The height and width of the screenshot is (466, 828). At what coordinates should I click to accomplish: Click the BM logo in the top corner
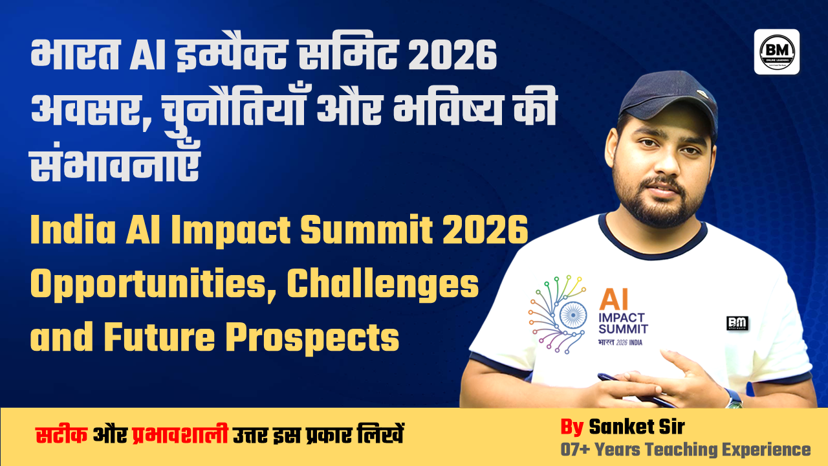[776, 51]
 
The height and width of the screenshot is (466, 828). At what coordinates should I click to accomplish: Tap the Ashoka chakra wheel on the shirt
[572, 315]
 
